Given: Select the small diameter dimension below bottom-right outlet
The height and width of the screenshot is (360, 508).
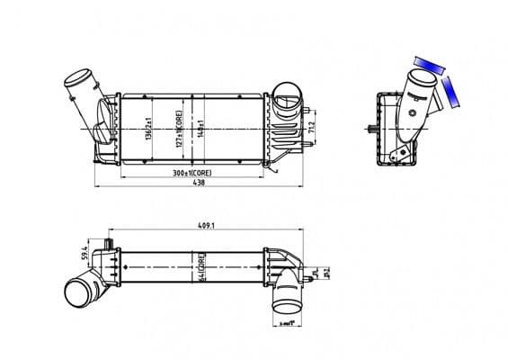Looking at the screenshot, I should pos(289,320).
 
